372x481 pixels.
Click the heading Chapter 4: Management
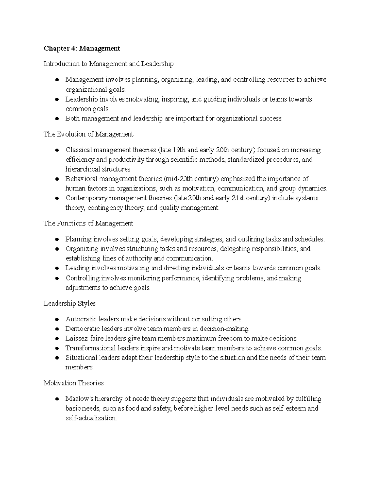click(82, 48)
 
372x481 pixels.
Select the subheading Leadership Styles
click(69, 303)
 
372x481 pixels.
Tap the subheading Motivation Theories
click(73, 383)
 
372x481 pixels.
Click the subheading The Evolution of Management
click(88, 134)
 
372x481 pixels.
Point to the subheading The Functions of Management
click(88, 223)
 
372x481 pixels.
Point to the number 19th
click(179, 150)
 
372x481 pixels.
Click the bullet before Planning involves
click(57, 239)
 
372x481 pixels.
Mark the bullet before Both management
click(57, 119)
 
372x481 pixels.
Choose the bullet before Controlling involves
click(57, 278)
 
